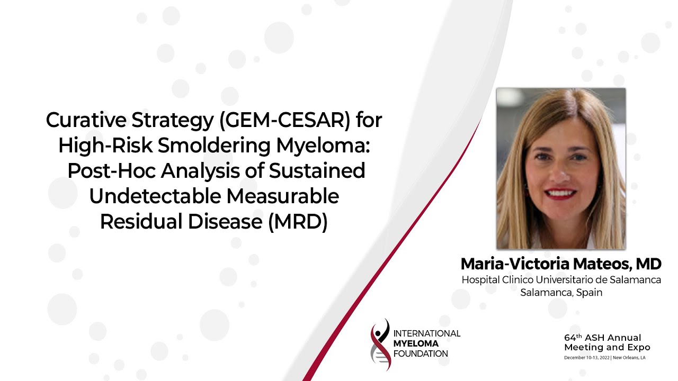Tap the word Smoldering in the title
point(214,146)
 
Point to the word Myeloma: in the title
point(323,146)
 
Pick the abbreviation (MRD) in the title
point(298,222)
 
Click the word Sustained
point(317,170)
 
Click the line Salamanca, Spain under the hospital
point(561,293)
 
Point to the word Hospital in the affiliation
point(480,280)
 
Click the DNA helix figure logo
point(380,344)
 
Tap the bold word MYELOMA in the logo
point(416,343)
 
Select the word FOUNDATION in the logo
point(421,354)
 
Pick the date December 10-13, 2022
point(587,358)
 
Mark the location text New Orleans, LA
point(629,358)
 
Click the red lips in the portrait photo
point(560,194)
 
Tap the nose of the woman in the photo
point(560,171)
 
